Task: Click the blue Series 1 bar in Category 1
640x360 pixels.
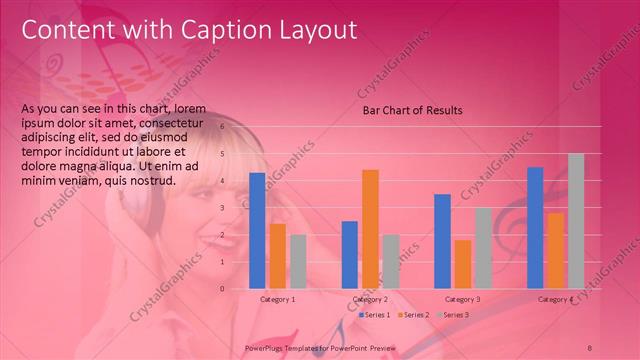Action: pyautogui.click(x=257, y=231)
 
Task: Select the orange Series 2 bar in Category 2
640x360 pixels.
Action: pyautogui.click(x=370, y=229)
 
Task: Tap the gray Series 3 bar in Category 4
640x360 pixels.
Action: pyautogui.click(x=576, y=221)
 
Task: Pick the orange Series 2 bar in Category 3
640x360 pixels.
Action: pyautogui.click(x=463, y=264)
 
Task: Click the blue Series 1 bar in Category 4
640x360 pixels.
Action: pyautogui.click(x=535, y=228)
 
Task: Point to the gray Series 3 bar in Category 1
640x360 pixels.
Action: pyautogui.click(x=298, y=262)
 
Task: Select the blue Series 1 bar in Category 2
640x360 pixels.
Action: pyautogui.click(x=350, y=255)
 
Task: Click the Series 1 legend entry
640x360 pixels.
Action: pyautogui.click(x=376, y=315)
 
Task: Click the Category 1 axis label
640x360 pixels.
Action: pyautogui.click(x=278, y=299)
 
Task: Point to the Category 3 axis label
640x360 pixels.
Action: pyautogui.click(x=463, y=299)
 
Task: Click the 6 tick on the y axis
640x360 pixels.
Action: pyautogui.click(x=237, y=127)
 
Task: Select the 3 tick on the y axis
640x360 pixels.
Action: pyautogui.click(x=237, y=208)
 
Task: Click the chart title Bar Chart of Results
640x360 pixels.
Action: pyautogui.click(x=412, y=110)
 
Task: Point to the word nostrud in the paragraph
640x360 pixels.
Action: pyautogui.click(x=154, y=180)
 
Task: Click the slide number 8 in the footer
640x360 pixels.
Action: pyautogui.click(x=590, y=346)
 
